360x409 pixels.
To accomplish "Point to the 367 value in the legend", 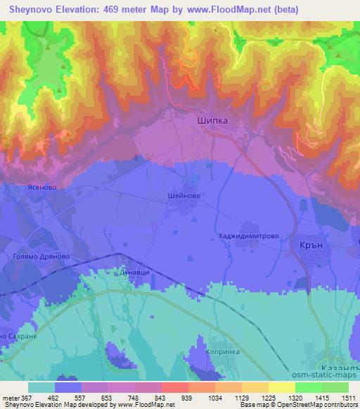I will tap(25, 398).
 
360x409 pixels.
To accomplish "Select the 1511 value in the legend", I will tap(348, 398).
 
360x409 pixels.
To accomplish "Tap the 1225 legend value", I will tap(269, 398).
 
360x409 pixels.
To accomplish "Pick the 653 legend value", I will tap(107, 398).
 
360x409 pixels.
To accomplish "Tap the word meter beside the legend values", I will tap(9, 398).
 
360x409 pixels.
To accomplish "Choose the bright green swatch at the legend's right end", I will tap(335, 387).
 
